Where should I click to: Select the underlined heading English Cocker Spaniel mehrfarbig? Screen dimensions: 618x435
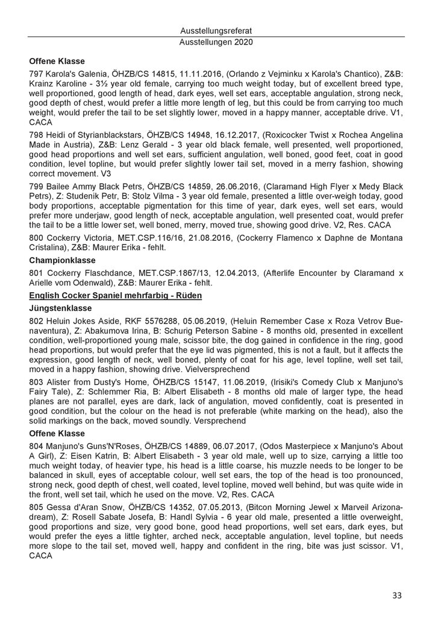[115, 295]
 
